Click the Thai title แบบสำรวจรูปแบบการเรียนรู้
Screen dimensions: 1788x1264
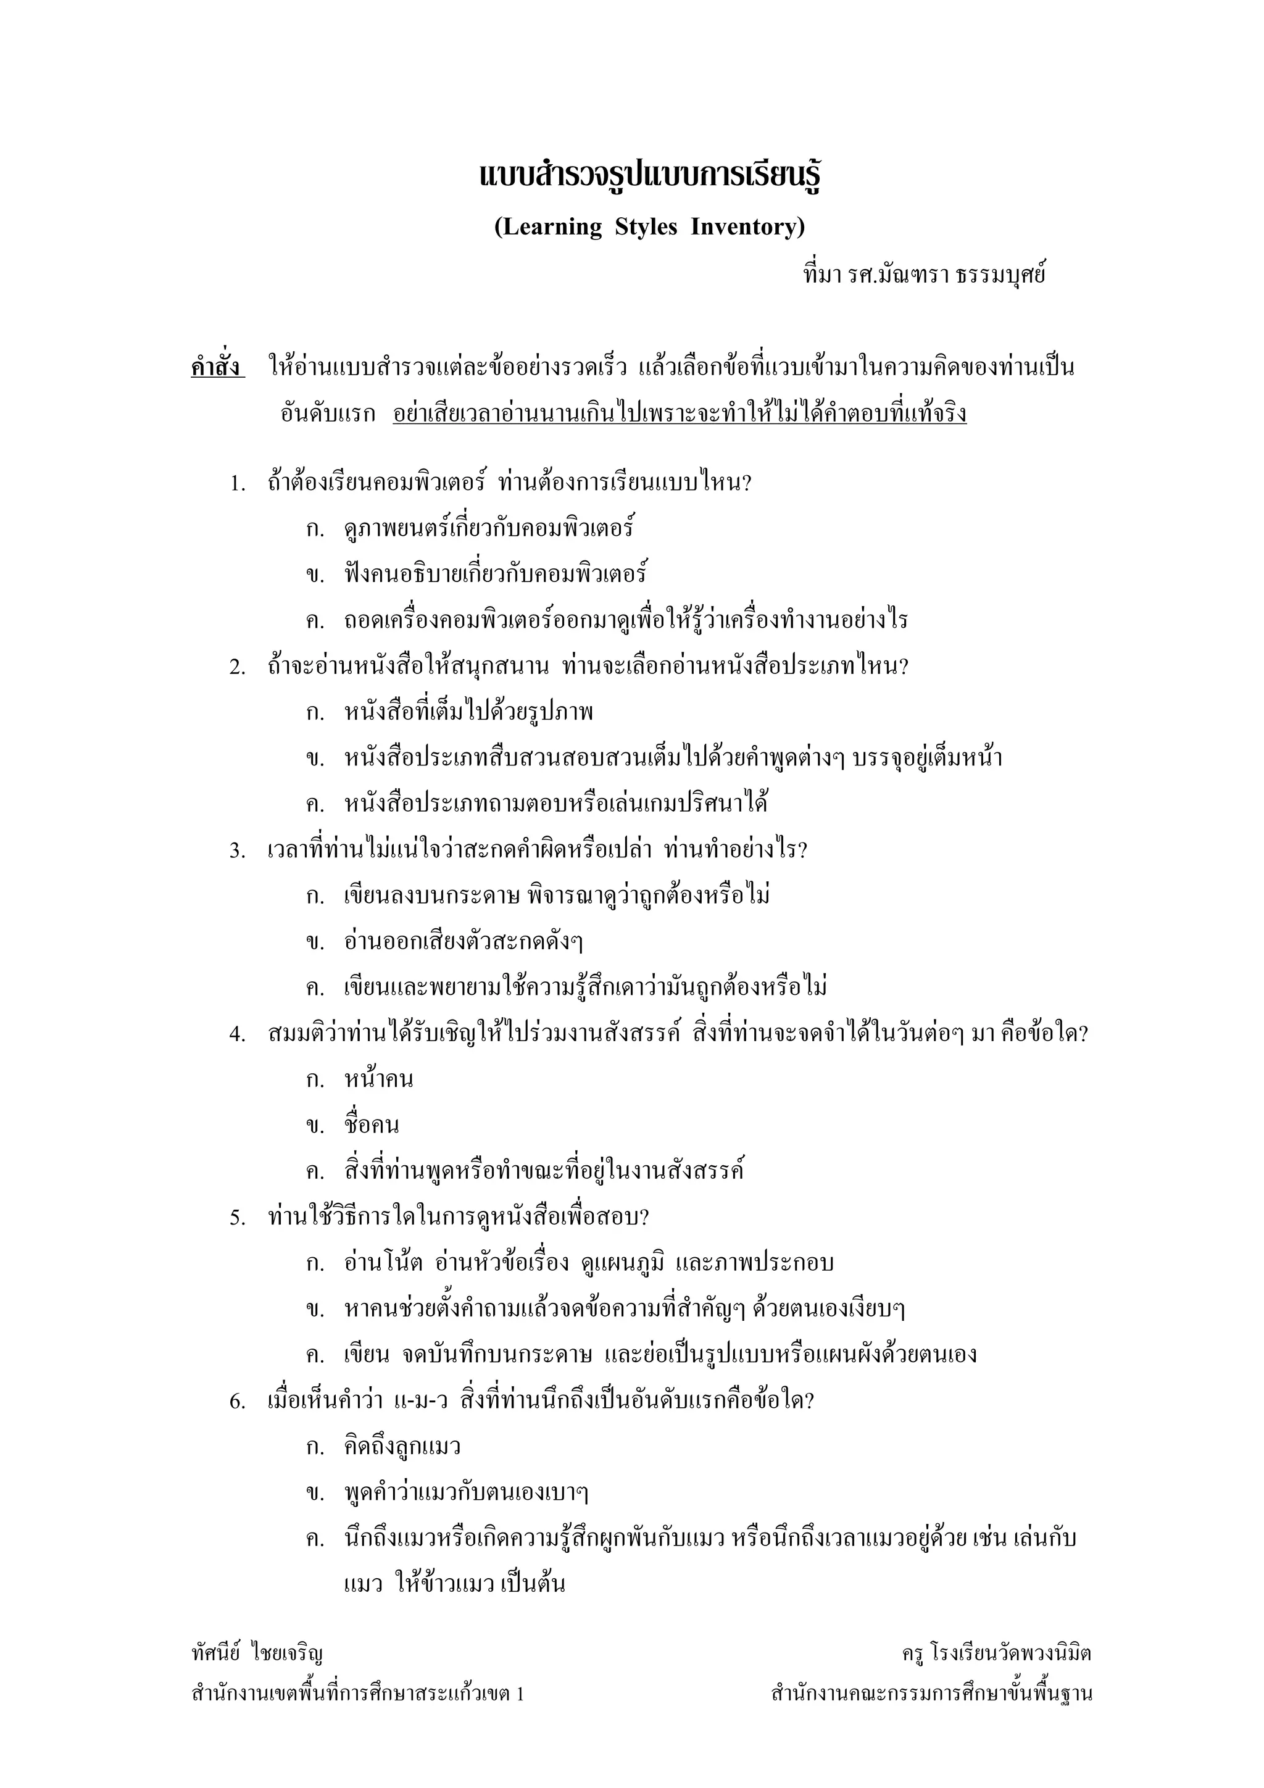(x=651, y=176)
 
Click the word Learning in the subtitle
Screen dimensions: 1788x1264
(x=549, y=227)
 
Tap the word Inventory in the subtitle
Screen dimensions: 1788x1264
(x=747, y=227)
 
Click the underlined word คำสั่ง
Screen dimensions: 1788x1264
(x=217, y=367)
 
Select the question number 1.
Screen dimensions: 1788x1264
(x=237, y=484)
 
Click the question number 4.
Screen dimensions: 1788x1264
(x=237, y=1034)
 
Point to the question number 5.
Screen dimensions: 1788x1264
(x=237, y=1218)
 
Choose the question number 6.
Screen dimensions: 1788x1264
(x=237, y=1402)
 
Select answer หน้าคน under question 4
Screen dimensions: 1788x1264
(x=378, y=1080)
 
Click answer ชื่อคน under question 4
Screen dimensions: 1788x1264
(x=372, y=1126)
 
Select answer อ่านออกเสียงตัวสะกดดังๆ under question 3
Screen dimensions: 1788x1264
(x=464, y=942)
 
